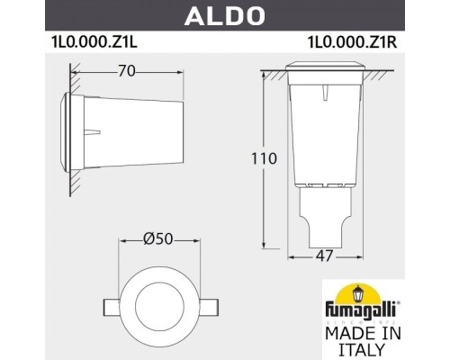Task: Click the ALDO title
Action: (224, 14)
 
